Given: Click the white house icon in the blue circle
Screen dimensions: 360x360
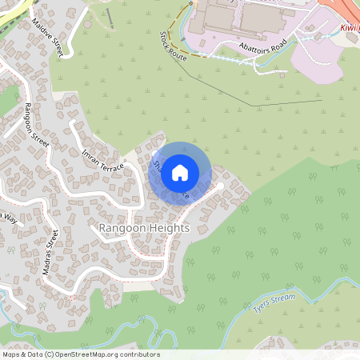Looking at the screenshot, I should coord(180,173).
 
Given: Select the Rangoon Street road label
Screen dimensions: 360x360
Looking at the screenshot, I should coord(37,125).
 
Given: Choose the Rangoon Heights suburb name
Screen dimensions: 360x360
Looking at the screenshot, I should coord(144,228).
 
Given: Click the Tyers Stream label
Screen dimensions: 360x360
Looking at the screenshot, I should coord(274,303).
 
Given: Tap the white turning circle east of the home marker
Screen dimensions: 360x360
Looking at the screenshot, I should coord(220,186).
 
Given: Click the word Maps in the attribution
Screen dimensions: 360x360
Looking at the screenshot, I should coord(12,354).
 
